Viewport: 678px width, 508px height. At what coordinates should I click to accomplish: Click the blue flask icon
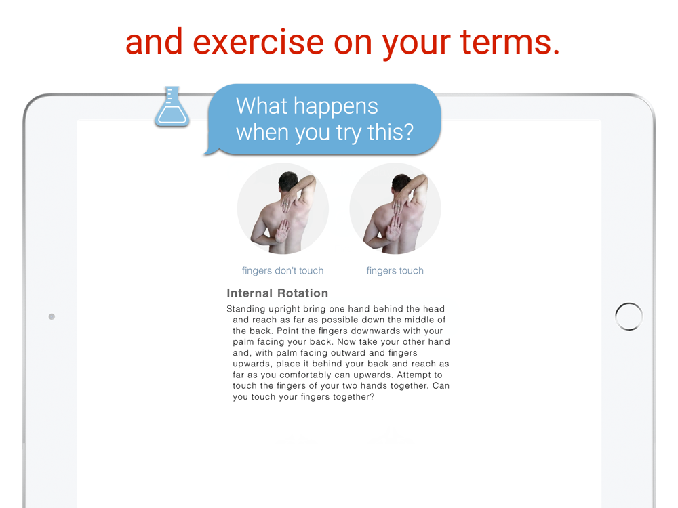[x=172, y=107]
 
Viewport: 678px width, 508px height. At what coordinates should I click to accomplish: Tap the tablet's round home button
[x=629, y=316]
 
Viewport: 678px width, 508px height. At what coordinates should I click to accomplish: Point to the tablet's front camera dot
[x=52, y=316]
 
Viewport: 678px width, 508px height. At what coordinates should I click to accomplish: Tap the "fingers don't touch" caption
[x=283, y=270]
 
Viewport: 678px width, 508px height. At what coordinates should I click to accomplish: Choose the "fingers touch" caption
[x=395, y=270]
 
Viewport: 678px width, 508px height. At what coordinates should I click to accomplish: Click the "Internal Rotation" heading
[x=277, y=293]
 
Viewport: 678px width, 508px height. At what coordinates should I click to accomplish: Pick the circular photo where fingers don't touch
[x=283, y=208]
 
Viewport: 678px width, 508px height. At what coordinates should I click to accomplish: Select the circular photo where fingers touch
[x=395, y=208]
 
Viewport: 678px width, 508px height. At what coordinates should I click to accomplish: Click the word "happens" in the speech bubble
[x=336, y=107]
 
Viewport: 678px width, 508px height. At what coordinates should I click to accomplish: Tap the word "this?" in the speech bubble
[x=391, y=132]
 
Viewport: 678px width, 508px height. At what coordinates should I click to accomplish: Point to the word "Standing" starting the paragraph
[x=245, y=309]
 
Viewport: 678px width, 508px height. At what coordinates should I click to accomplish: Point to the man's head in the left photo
[x=288, y=181]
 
